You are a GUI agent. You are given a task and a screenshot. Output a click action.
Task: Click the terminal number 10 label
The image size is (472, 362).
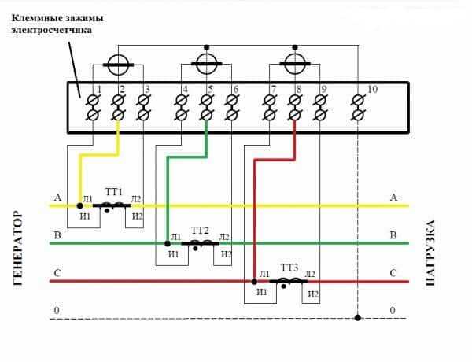tap(372, 90)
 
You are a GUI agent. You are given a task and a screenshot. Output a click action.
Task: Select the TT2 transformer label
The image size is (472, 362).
tap(200, 230)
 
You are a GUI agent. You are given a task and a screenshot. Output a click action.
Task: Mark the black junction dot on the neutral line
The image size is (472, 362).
tap(357, 318)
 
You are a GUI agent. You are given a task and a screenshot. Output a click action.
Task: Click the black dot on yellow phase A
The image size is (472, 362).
tap(79, 205)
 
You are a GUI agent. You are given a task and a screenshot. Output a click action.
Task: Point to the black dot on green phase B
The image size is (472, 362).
tap(168, 243)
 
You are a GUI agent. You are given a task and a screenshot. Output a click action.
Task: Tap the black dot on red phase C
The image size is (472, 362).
tap(255, 281)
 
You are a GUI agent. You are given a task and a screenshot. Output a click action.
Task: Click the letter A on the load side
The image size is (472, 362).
tap(393, 198)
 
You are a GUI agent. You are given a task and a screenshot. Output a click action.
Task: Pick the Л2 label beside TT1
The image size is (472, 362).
tap(136, 198)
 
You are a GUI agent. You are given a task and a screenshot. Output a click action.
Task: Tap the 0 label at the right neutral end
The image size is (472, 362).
tap(393, 312)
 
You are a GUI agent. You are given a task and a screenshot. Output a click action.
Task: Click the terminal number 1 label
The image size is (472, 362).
tap(100, 90)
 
